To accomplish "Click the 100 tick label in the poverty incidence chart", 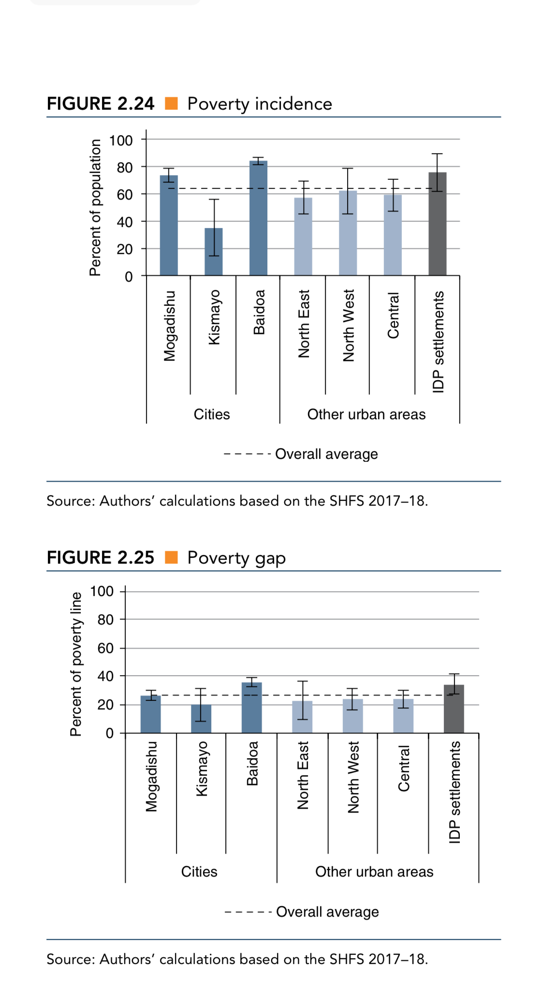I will (x=121, y=141).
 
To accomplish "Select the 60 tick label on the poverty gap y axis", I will (x=105, y=648).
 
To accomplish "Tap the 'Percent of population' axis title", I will (x=95, y=208).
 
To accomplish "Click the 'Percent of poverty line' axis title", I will (x=76, y=664).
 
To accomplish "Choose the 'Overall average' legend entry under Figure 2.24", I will (x=326, y=454).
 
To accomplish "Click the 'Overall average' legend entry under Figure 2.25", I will (x=327, y=912).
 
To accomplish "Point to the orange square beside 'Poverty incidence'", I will (x=171, y=103).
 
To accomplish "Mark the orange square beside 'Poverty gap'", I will (x=171, y=557).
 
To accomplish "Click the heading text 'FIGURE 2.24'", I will (x=101, y=103).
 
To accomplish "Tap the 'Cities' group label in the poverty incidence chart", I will (x=212, y=414).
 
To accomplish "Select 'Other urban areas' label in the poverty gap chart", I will (x=374, y=872).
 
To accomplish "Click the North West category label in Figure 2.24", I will (x=349, y=326).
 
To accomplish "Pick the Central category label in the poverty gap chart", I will (x=404, y=768).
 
